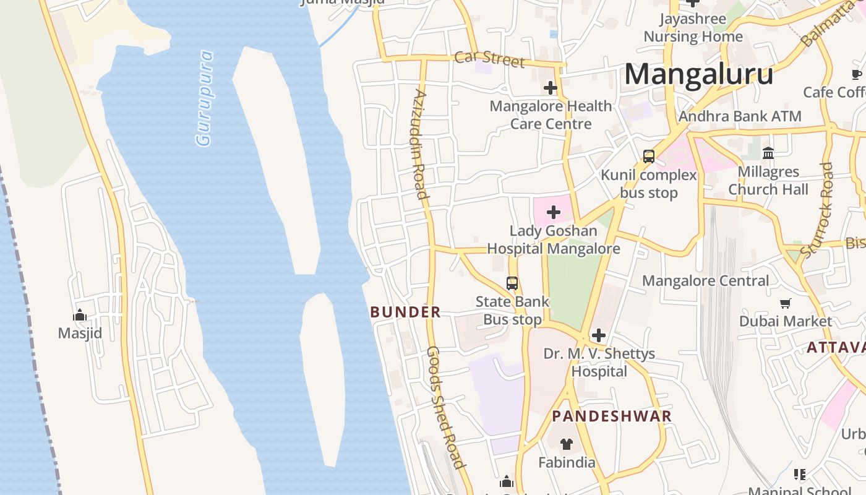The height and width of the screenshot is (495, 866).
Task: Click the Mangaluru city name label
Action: [x=698, y=74]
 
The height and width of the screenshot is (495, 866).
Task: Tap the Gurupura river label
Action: [x=204, y=99]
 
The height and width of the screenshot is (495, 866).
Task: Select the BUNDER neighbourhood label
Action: [x=406, y=312]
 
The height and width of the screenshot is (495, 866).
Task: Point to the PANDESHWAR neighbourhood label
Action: [x=611, y=416]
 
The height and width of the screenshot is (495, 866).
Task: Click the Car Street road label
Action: [x=489, y=59]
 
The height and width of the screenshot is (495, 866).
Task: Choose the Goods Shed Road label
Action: [x=445, y=407]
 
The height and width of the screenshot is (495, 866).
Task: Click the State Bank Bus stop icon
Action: [x=512, y=283]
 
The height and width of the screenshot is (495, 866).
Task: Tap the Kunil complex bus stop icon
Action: [x=649, y=157]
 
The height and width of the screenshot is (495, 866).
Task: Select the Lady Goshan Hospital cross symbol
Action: [x=554, y=213]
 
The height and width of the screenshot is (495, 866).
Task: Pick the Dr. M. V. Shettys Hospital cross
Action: [x=598, y=335]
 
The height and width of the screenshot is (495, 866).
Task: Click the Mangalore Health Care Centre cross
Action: [x=550, y=88]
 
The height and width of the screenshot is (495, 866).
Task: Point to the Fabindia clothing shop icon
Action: [x=566, y=444]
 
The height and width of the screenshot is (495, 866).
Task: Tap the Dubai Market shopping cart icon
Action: [x=786, y=303]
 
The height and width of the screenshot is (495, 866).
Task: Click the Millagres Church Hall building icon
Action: [x=768, y=153]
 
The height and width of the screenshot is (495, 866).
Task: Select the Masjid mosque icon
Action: [x=80, y=316]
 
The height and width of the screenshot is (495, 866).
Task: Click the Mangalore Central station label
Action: [x=705, y=281]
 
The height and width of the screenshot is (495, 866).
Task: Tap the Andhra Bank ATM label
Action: [x=740, y=116]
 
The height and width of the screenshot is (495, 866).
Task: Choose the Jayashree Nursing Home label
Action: [x=693, y=28]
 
